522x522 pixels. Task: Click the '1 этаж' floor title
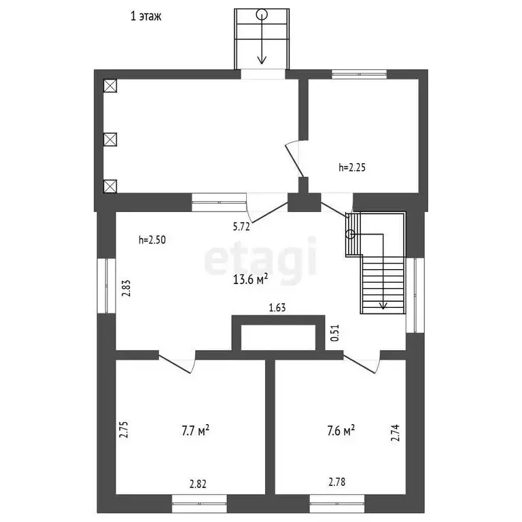(146, 16)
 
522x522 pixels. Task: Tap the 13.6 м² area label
(250, 279)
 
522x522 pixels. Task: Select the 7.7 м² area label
(196, 430)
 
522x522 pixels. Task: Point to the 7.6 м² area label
(341, 430)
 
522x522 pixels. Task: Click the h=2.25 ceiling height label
(352, 167)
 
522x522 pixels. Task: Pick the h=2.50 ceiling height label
(152, 240)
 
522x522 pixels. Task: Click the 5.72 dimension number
(241, 227)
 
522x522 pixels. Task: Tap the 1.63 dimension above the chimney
(277, 307)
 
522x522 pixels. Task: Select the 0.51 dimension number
(334, 332)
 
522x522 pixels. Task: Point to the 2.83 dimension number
(126, 288)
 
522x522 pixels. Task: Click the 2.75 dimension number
(124, 430)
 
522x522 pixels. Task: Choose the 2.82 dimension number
(198, 484)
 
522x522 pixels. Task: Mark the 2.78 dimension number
(337, 482)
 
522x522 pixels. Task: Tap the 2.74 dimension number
(395, 433)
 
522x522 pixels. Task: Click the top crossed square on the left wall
(110, 86)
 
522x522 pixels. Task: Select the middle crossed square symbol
(110, 139)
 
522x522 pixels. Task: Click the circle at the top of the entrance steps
(262, 14)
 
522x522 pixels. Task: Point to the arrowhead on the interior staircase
(383, 306)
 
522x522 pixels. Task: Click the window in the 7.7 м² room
(199, 504)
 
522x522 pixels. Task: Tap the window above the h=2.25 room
(359, 74)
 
